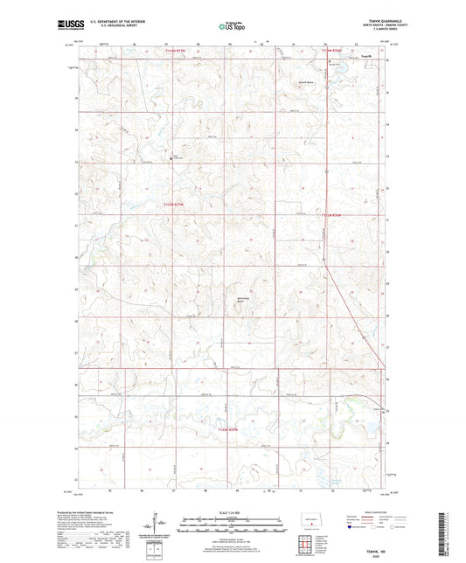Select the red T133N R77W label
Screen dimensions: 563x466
(176, 205)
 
